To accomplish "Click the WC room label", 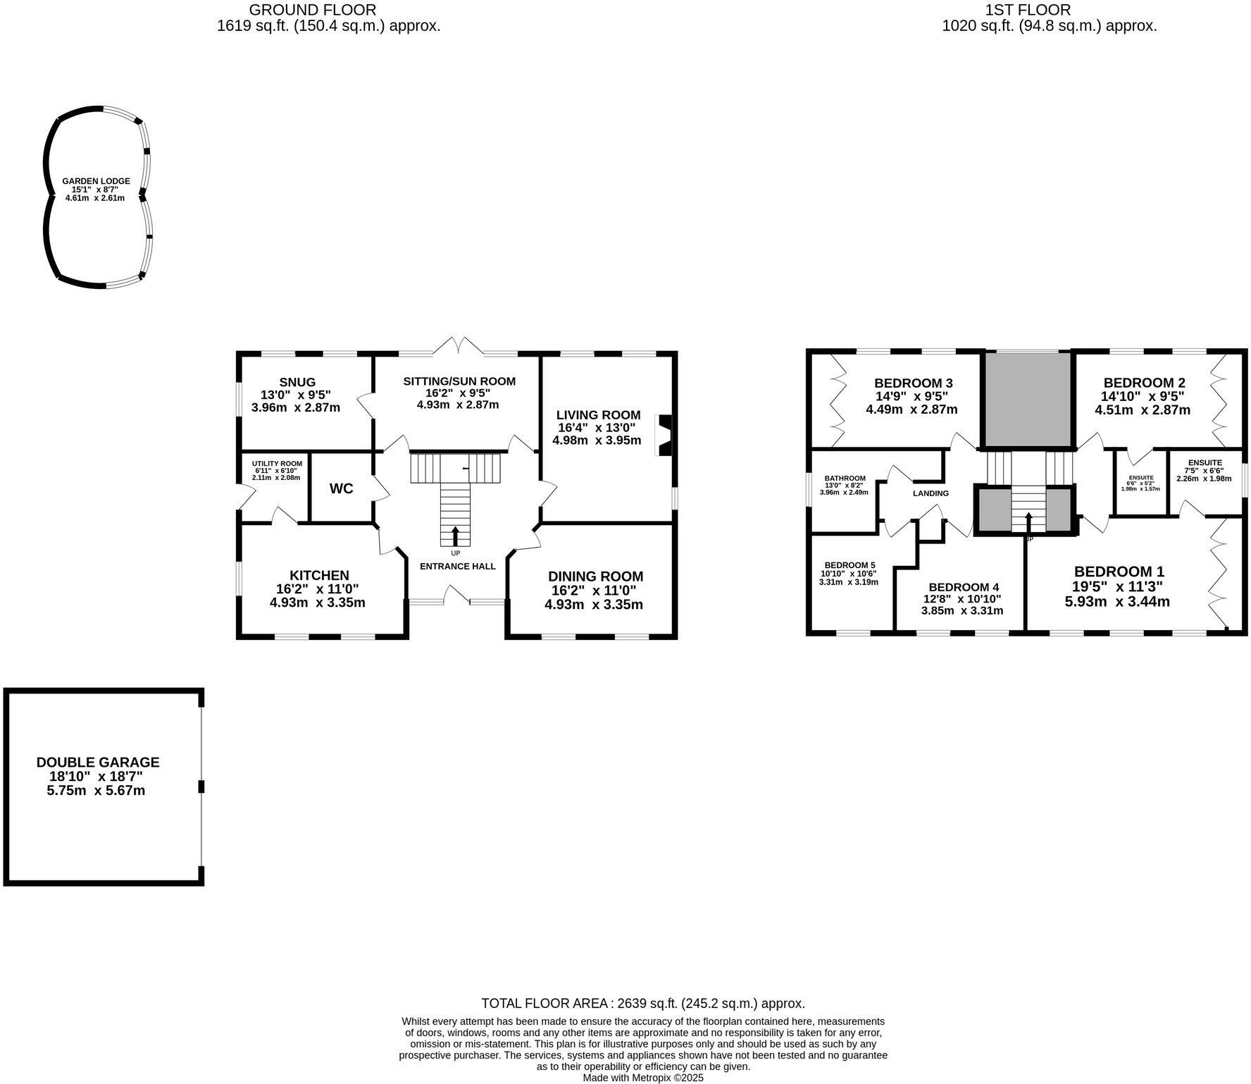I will pyautogui.click(x=341, y=488).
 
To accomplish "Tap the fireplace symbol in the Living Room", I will pyautogui.click(x=664, y=436).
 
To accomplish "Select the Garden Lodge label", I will pyautogui.click(x=96, y=181).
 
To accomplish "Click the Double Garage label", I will pyautogui.click(x=98, y=762).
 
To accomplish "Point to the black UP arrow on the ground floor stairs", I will pyautogui.click(x=455, y=536).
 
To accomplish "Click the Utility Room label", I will pyautogui.click(x=277, y=464).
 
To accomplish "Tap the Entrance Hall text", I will pyautogui.click(x=457, y=566).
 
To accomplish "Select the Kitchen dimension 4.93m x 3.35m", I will pyautogui.click(x=317, y=603).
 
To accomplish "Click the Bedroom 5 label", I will pyautogui.click(x=849, y=565).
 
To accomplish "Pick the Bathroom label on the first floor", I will pyautogui.click(x=845, y=479).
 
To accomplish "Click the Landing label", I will pyautogui.click(x=931, y=493).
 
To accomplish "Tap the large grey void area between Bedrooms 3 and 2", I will pyautogui.click(x=1027, y=399).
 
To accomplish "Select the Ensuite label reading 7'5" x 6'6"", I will pyautogui.click(x=1205, y=463).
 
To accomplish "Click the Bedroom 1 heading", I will pyautogui.click(x=1119, y=572).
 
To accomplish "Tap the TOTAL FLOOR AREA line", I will pyautogui.click(x=642, y=1003).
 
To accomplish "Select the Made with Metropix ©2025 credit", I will pyautogui.click(x=642, y=1078).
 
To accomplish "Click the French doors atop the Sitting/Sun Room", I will pyautogui.click(x=459, y=346).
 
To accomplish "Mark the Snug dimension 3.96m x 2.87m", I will pyautogui.click(x=295, y=407).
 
